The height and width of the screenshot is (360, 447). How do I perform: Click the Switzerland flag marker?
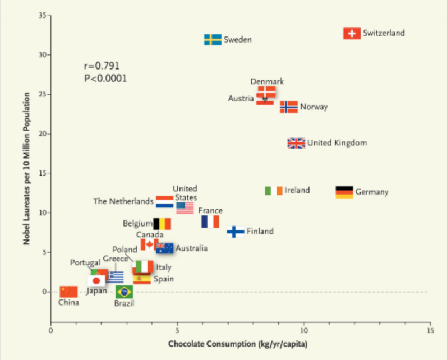352,34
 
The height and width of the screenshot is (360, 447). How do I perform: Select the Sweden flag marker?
213,40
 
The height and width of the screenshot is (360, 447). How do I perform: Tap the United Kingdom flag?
296,143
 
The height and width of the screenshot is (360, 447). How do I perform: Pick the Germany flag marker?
344,192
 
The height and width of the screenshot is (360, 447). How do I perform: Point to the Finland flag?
236,232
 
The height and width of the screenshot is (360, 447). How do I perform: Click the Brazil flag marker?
124,292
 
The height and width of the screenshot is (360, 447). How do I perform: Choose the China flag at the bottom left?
68,292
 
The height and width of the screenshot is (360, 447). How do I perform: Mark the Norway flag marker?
289,107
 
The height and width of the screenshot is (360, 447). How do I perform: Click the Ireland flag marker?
274,191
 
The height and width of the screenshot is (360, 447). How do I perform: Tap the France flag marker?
210,221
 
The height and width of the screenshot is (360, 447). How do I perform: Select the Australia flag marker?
165,248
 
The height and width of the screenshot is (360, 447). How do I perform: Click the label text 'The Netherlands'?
123,201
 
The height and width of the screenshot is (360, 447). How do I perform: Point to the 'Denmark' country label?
266,81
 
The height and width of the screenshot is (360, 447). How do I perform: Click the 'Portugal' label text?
85,262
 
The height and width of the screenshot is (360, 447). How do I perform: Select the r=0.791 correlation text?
102,66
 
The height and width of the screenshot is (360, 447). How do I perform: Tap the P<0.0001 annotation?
105,79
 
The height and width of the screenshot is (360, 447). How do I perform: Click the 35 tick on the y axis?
42,15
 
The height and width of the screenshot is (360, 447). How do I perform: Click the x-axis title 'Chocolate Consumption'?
240,344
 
